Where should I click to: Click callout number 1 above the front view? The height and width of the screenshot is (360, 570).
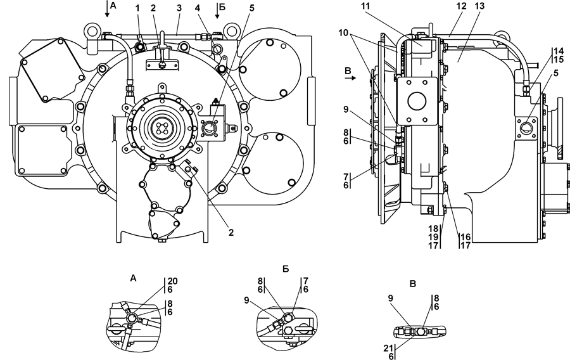[x=137, y=8]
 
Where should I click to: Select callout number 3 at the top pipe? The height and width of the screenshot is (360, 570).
[x=179, y=8]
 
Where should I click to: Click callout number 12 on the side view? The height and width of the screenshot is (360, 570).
[x=462, y=6]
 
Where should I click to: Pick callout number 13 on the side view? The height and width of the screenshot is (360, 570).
[x=480, y=6]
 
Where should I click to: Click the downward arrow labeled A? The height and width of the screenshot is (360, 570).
[x=107, y=9]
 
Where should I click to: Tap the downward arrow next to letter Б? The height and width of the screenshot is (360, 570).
[x=217, y=10]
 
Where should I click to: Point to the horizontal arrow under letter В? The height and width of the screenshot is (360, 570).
[x=351, y=77]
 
